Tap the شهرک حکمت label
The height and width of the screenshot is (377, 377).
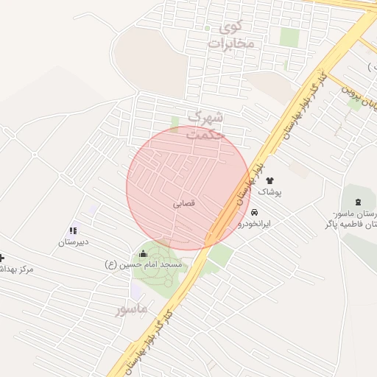click(x=205, y=125)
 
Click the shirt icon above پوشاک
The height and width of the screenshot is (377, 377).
click(x=269, y=180)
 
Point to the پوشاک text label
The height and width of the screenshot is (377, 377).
click(x=269, y=191)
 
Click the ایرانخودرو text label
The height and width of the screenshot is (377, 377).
click(x=256, y=222)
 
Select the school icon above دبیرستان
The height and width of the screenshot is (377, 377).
click(x=73, y=230)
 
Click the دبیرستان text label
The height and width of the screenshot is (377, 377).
click(x=73, y=242)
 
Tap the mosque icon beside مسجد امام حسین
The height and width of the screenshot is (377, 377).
click(x=143, y=253)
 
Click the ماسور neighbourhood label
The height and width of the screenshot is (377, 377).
click(x=132, y=309)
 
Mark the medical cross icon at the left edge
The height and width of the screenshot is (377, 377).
click(x=2, y=258)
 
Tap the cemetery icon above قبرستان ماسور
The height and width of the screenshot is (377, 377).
click(x=359, y=202)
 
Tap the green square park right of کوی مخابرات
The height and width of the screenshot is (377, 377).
click(x=289, y=37)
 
